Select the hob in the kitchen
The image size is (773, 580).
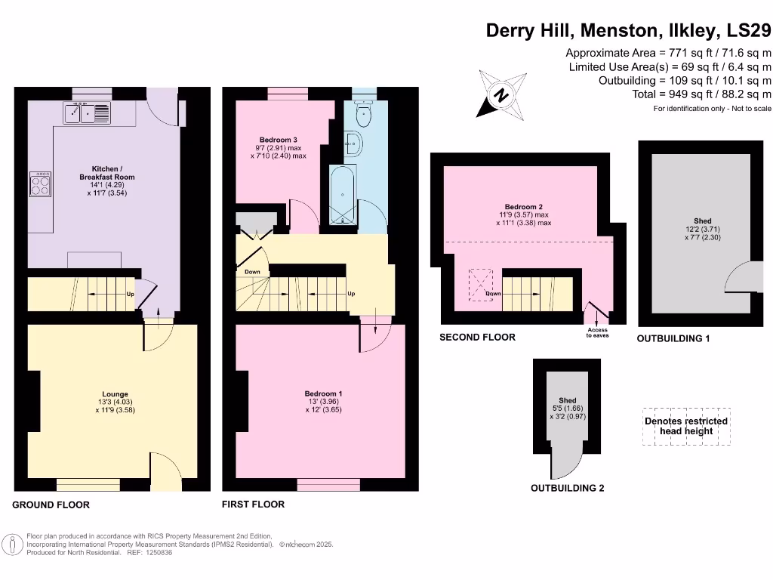tap(41, 184)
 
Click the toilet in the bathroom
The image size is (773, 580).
tap(364, 114)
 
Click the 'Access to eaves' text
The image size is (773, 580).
tap(596, 332)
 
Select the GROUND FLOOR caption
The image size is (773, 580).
tap(51, 504)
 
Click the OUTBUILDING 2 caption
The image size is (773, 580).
tap(567, 488)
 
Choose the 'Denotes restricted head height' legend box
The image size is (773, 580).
tap(685, 426)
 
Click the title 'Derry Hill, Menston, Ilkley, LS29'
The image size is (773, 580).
tap(628, 30)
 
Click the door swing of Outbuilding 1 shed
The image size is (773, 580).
tap(742, 277)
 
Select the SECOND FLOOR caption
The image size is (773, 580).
tap(478, 337)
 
